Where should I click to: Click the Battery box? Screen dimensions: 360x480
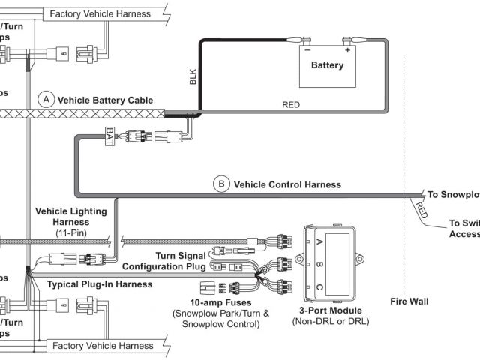[x=326, y=64]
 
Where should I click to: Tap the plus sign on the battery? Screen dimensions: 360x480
[x=348, y=50]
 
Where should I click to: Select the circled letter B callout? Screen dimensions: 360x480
[x=221, y=184]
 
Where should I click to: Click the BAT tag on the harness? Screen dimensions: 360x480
[x=109, y=137]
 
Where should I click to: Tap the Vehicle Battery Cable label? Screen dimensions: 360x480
[x=105, y=99]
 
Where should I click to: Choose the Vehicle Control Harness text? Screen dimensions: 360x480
[x=287, y=184]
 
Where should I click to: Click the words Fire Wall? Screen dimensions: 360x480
[x=409, y=302]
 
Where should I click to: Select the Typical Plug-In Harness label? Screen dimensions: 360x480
[x=100, y=284]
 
